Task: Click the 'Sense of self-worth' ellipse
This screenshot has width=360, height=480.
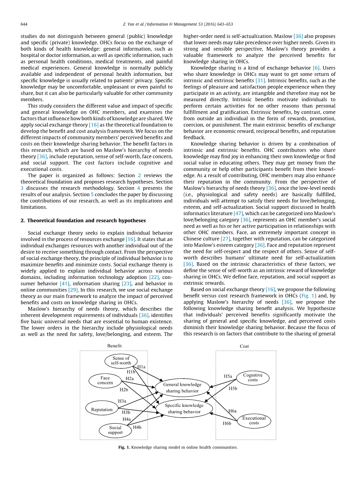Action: click(121, 361)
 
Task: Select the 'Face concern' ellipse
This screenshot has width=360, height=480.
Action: click(105, 380)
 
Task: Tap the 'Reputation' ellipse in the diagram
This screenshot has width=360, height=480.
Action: click(102, 409)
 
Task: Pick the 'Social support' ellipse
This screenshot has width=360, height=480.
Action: click(115, 430)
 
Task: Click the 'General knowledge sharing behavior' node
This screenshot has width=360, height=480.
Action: click(182, 387)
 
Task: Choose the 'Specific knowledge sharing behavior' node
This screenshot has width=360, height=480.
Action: click(184, 408)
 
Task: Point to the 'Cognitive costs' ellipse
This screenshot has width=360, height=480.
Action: click(253, 377)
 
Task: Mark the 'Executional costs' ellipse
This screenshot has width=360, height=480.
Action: click(254, 420)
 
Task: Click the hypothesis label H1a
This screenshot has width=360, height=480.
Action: click(141, 366)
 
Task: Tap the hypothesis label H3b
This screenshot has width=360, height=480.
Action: click(126, 412)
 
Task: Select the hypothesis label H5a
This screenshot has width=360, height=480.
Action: click(228, 376)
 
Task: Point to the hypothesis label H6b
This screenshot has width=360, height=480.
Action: click(227, 423)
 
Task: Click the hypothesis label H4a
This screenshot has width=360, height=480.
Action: click(126, 419)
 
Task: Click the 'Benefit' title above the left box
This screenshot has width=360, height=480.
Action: click(114, 345)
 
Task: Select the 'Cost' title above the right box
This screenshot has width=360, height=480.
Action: click(244, 346)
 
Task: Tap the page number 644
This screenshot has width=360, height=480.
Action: click(24, 24)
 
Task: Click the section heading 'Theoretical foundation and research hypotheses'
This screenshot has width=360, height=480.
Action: click(86, 221)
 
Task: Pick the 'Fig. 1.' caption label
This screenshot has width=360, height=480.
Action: click(124, 447)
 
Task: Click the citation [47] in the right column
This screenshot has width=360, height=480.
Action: click(238, 213)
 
